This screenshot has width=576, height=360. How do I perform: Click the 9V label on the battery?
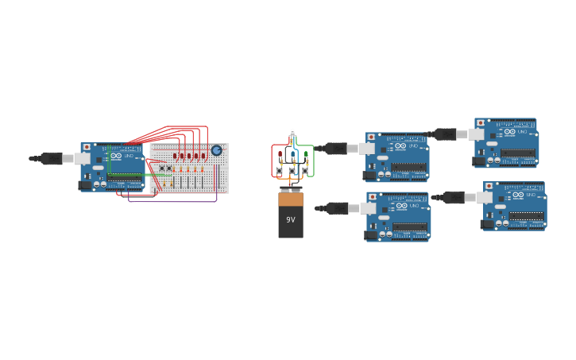(x=291, y=220)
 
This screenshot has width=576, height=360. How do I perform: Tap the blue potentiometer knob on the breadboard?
(x=216, y=150)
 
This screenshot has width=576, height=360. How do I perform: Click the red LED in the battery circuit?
(x=280, y=154)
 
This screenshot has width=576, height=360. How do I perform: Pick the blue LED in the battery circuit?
(x=292, y=154)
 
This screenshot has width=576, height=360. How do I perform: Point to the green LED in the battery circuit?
(x=305, y=154)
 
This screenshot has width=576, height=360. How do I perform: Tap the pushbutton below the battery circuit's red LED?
(x=280, y=169)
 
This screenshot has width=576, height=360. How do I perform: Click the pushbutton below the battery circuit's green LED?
(x=305, y=169)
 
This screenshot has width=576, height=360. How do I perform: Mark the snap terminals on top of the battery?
(x=291, y=190)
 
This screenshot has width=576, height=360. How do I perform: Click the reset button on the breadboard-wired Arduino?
(x=87, y=147)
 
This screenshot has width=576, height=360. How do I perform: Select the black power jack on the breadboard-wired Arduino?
(x=84, y=185)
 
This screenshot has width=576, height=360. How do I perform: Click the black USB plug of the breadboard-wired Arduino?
(x=52, y=158)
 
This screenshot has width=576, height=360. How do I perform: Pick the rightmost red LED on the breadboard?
(x=203, y=156)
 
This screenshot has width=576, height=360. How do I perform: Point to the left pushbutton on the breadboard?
(x=161, y=168)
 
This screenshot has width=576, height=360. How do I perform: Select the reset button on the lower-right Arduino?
(x=489, y=186)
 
